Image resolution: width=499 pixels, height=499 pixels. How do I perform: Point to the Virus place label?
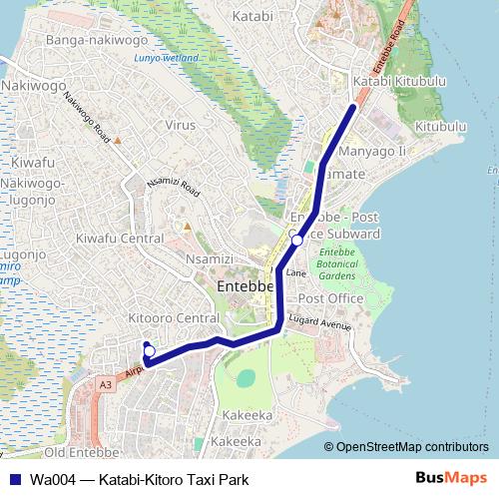[x=181, y=126]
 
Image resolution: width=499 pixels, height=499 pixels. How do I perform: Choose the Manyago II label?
[x=372, y=151]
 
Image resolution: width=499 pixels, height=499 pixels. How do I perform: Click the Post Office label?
[x=331, y=298]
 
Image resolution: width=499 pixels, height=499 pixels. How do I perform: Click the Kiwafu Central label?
[x=120, y=239]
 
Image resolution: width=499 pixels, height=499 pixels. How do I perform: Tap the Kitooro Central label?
[x=174, y=318]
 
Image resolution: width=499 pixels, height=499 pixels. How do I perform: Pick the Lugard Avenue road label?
[x=320, y=323]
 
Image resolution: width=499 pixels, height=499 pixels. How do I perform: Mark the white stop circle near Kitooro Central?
[x=150, y=350]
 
